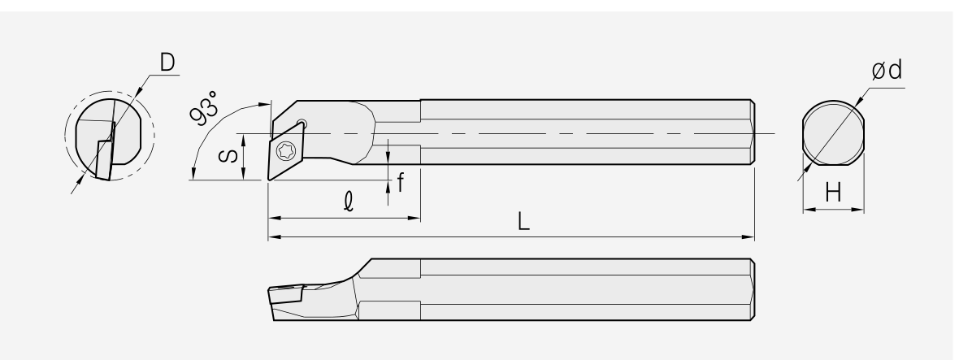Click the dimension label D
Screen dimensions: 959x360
click(x=167, y=63)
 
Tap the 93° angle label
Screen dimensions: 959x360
click(x=203, y=107)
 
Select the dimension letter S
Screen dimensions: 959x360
click(x=228, y=156)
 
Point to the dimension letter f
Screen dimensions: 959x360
click(x=401, y=182)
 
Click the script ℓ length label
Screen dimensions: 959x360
click(x=349, y=201)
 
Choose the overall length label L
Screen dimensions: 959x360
click(x=523, y=221)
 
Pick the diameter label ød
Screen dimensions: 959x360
click(x=887, y=70)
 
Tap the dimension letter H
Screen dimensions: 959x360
click(x=833, y=193)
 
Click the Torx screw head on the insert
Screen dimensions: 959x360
click(x=285, y=150)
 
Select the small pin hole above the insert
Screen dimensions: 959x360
click(x=301, y=124)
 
